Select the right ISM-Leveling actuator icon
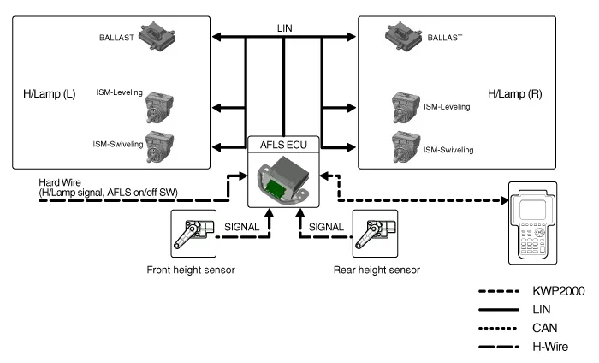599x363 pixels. pyautogui.click(x=406, y=109)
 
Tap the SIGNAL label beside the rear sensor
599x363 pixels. pyautogui.click(x=328, y=228)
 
